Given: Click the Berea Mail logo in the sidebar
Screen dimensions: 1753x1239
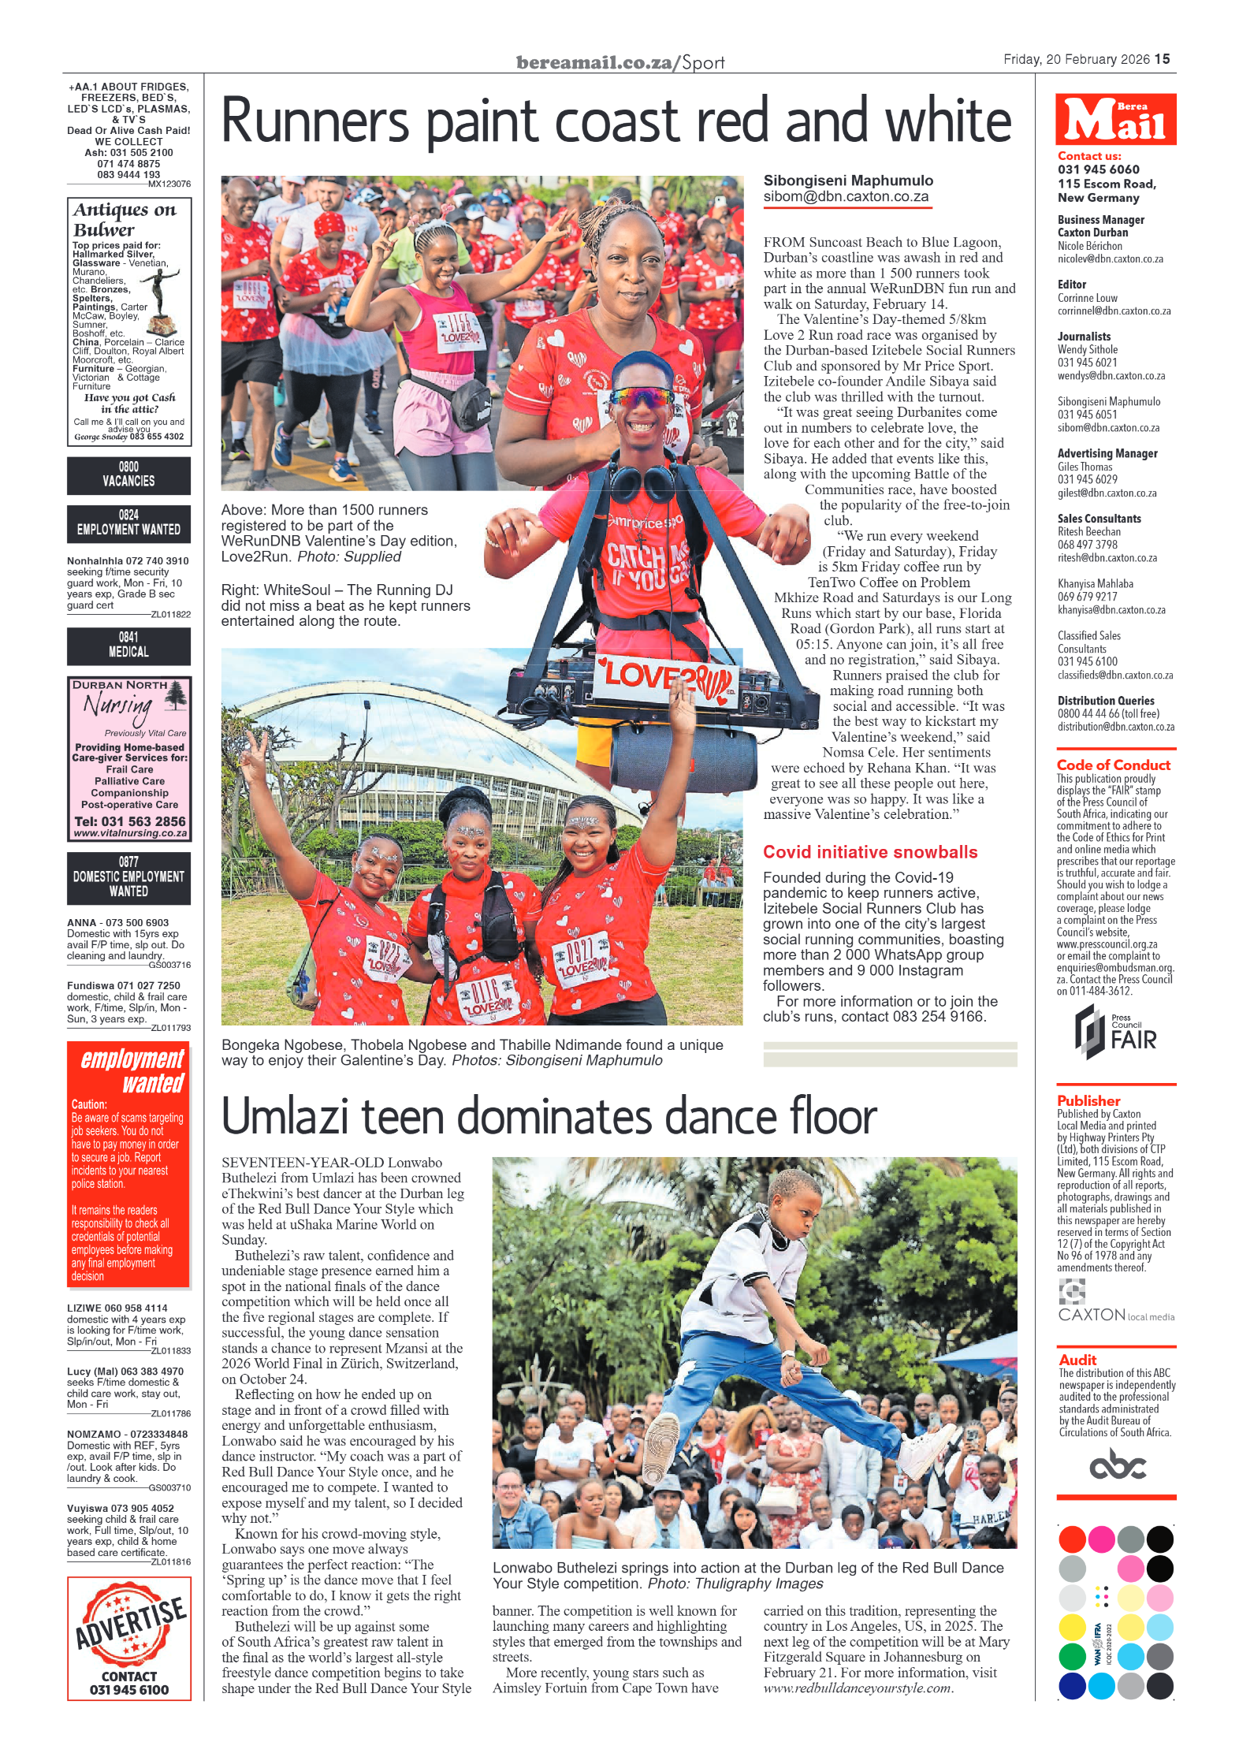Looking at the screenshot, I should click(x=1115, y=120).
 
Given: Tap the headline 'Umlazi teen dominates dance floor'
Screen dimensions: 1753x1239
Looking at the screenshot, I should click(x=549, y=1116).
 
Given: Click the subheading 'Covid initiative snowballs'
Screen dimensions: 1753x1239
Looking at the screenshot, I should click(x=869, y=852).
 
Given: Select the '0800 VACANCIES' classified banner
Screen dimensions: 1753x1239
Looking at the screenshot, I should click(x=128, y=475).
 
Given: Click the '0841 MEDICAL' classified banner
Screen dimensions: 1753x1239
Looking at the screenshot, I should click(x=128, y=645).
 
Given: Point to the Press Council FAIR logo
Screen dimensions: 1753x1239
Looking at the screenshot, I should click(x=1115, y=1032).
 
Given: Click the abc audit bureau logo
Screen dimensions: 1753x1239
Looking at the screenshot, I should click(x=1117, y=1466).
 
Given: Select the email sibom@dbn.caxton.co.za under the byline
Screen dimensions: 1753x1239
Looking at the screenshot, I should click(x=846, y=197).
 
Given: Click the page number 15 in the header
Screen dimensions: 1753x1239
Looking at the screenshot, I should click(x=1163, y=59).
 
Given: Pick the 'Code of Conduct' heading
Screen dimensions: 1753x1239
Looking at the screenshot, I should click(x=1113, y=765).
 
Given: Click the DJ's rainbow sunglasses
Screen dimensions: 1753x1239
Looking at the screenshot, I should click(x=642, y=396).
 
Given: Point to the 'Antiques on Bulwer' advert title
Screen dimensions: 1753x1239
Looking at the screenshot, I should click(x=125, y=219).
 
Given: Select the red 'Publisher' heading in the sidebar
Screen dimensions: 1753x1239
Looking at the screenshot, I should click(x=1088, y=1100).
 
